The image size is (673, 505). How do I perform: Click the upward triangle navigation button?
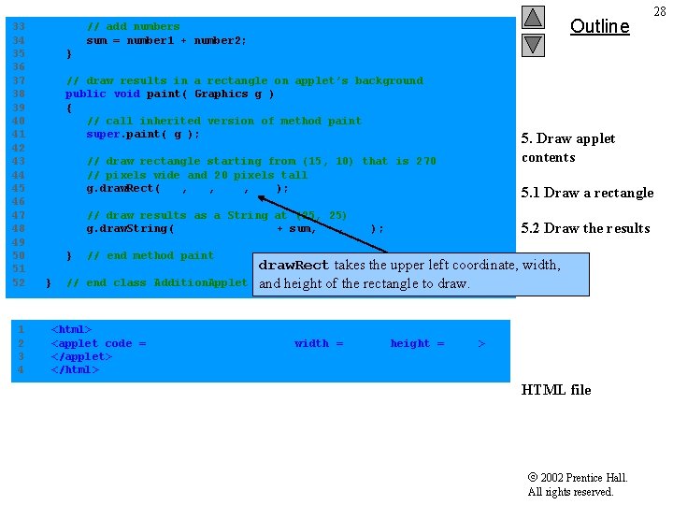pos(533,17)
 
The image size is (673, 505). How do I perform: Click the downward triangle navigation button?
pos(533,44)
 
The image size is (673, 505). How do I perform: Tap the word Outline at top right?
pos(599,26)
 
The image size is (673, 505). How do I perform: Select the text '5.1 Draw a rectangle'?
pos(587,193)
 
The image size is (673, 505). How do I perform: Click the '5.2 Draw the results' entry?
pos(585,228)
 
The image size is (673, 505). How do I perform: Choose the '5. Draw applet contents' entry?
pos(567,148)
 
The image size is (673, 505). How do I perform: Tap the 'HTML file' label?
pos(555,390)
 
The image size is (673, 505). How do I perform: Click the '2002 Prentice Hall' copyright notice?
pos(577,478)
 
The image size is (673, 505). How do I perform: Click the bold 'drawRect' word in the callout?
pos(294,266)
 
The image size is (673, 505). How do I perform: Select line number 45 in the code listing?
pos(19,188)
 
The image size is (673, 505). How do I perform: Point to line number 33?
pos(19,26)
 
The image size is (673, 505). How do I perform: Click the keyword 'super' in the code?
pos(103,134)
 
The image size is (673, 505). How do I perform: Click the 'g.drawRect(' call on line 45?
pos(123,188)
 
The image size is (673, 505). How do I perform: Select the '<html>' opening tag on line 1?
pos(71,329)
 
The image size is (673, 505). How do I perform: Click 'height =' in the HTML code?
pos(417,343)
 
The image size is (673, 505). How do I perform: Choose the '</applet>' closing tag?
pos(81,356)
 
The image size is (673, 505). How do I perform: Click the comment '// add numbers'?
pos(133,26)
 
